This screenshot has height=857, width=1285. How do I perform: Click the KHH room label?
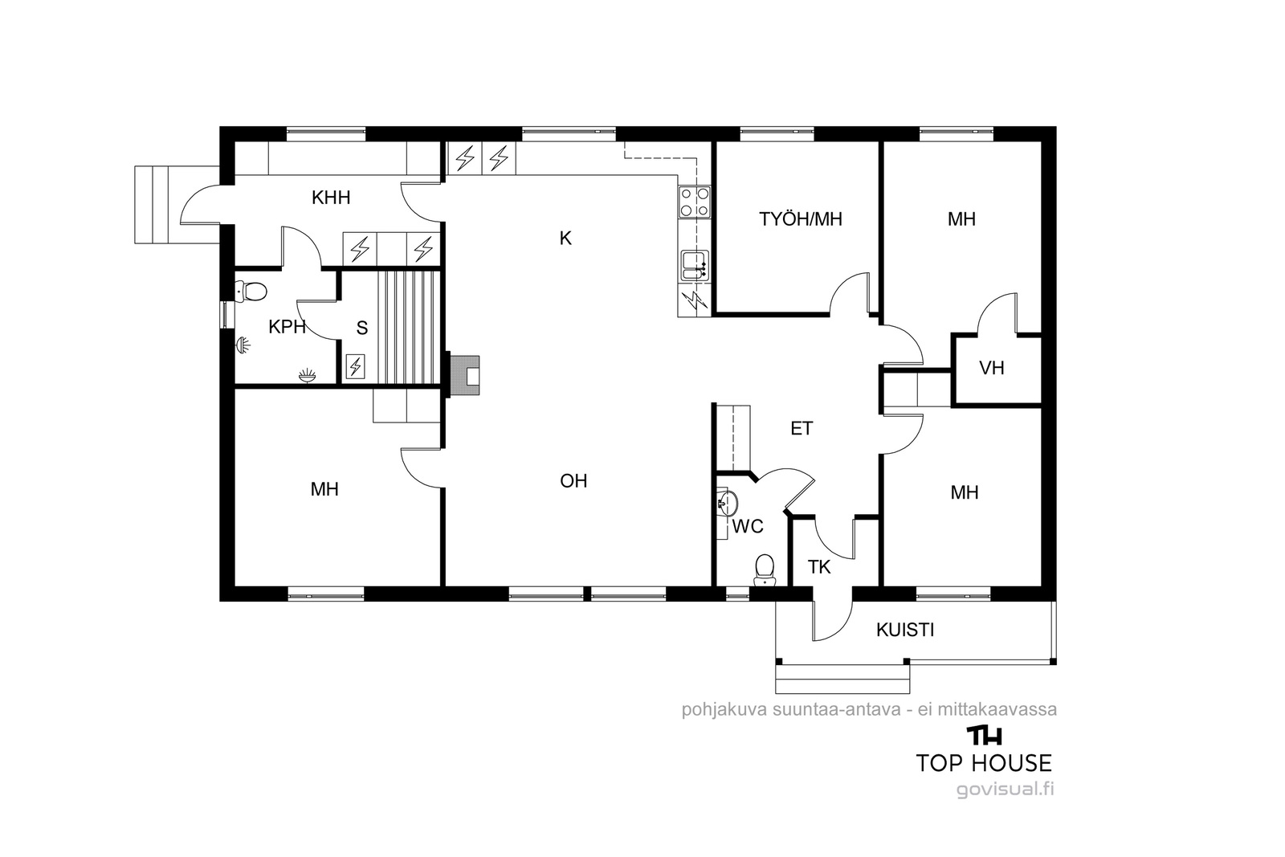coord(330,198)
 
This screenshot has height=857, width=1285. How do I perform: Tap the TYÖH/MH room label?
coord(800,219)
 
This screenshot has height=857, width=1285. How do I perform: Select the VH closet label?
coord(991,368)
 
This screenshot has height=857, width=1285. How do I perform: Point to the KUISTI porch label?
coord(905,630)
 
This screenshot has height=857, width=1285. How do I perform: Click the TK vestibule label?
coord(819,567)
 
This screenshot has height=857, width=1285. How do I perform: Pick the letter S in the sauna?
coord(362,328)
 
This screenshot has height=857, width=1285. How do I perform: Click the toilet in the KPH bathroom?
coord(251,291)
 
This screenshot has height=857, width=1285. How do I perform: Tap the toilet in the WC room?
coord(764,569)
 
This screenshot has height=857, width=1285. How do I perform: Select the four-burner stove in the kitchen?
coord(695,202)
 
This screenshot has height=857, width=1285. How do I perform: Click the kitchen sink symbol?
coord(695,266)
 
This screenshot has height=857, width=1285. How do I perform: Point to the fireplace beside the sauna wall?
coord(465,375)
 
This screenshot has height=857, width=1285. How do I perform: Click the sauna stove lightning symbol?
coord(356,366)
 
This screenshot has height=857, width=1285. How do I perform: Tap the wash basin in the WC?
coord(728,503)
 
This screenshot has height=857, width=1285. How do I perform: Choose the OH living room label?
coord(573,480)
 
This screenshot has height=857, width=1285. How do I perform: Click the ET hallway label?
coord(802,428)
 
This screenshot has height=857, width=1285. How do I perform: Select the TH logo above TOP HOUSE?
coord(985,736)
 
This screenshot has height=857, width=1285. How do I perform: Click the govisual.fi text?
coord(1005,790)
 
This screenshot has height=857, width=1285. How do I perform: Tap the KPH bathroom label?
coord(287,327)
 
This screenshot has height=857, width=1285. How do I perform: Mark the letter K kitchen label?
coord(565,238)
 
